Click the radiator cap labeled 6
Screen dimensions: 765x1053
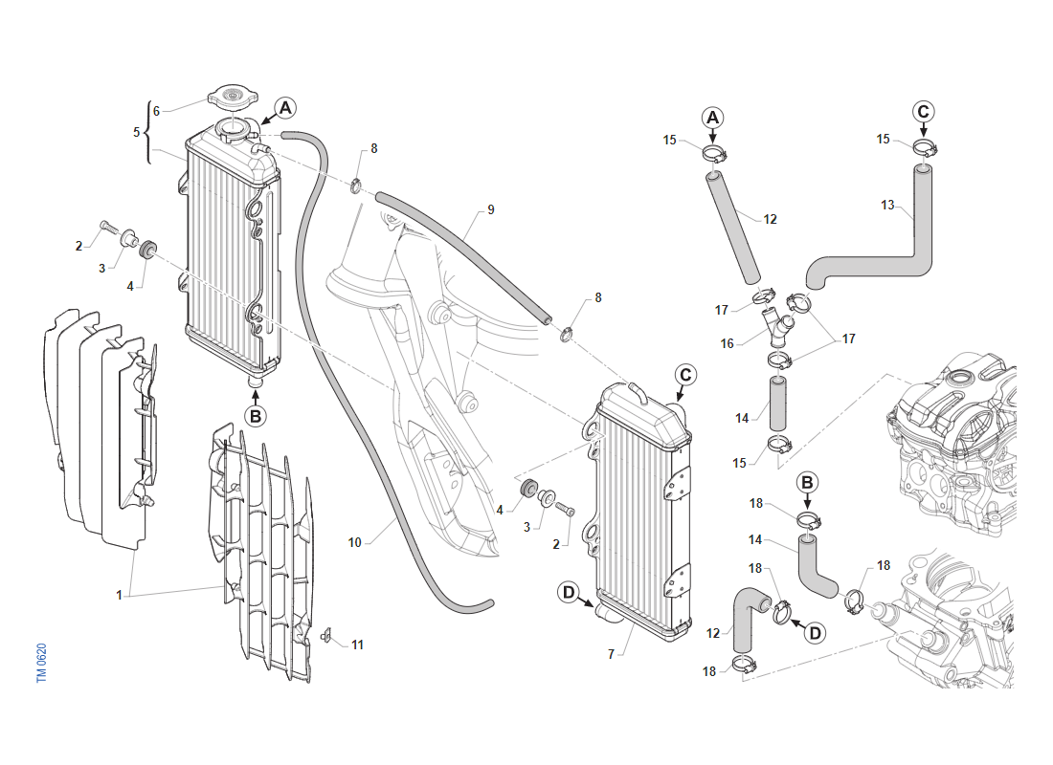[233, 98]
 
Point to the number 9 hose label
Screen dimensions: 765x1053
[490, 209]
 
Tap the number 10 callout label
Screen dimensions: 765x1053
[354, 542]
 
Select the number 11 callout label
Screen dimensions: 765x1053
[357, 645]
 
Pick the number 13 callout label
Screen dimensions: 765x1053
[887, 205]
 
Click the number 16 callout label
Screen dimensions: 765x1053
[728, 343]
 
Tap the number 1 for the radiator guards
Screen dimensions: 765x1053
[120, 595]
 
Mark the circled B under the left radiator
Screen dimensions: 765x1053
[256, 416]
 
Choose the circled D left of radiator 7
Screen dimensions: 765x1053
[570, 594]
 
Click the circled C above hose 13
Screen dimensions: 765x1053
[923, 111]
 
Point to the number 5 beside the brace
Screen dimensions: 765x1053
[137, 132]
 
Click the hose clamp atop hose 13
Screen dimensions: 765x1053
[925, 147]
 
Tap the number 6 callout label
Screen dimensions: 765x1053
[156, 111]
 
